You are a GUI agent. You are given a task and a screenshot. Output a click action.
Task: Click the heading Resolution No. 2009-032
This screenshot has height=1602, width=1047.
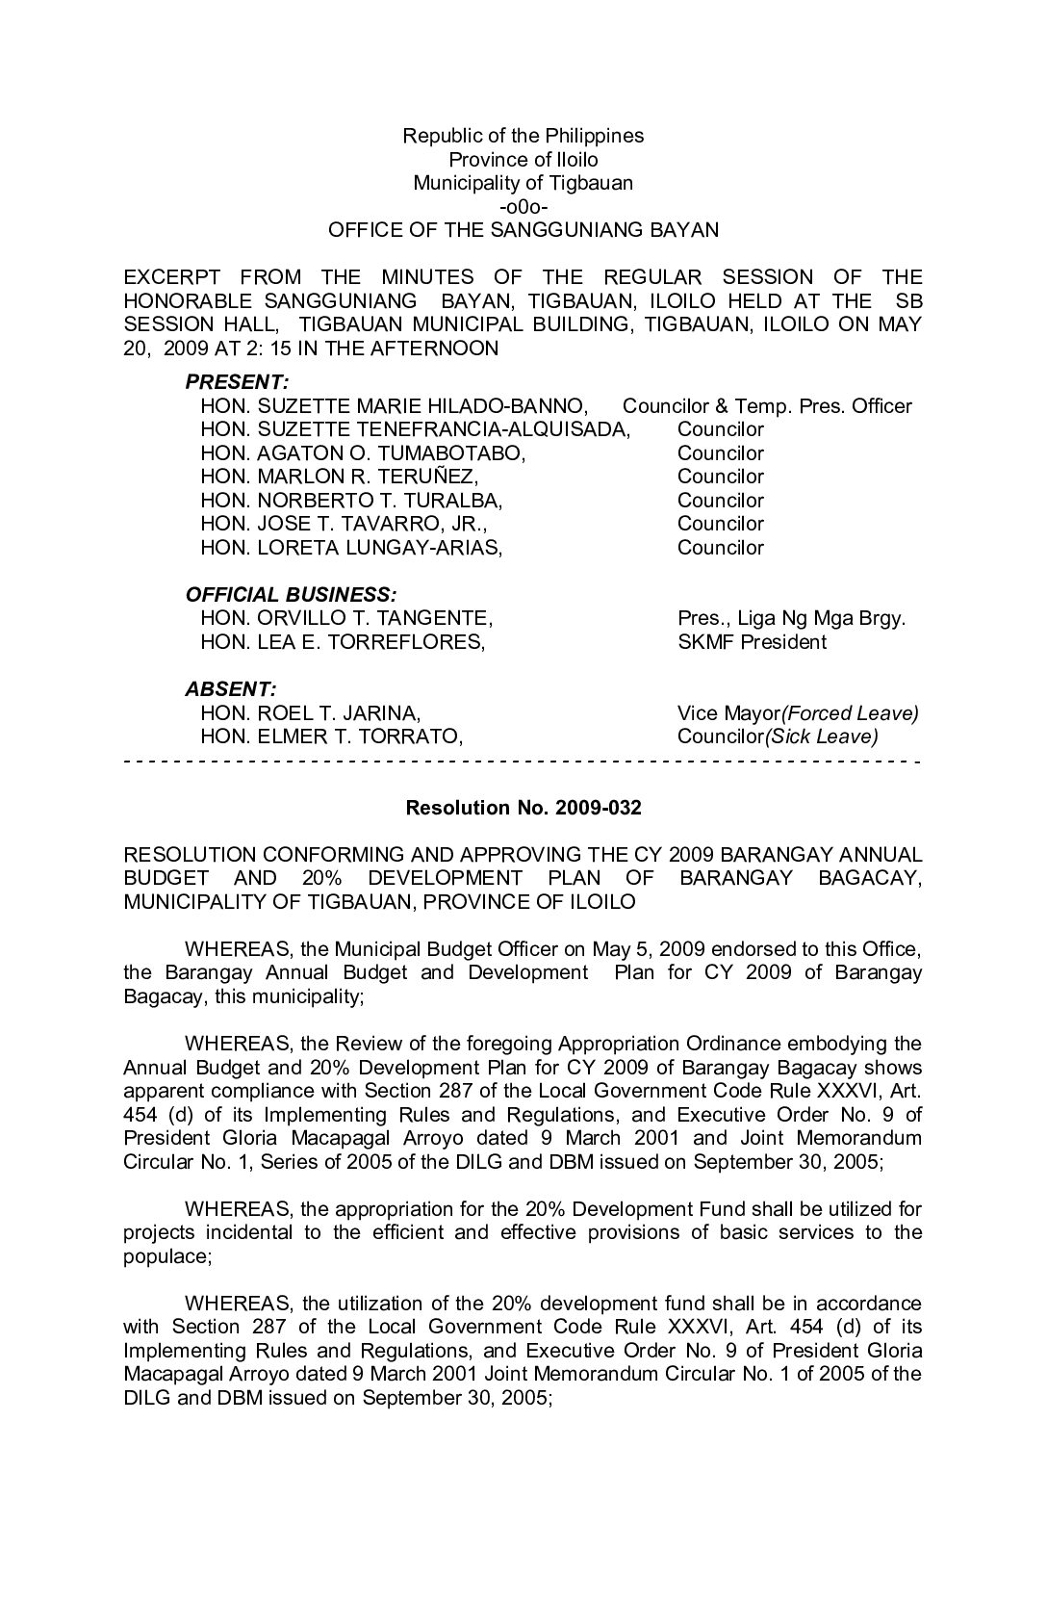pos(523,808)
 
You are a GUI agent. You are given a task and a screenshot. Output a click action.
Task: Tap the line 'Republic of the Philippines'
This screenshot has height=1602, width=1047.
pos(523,136)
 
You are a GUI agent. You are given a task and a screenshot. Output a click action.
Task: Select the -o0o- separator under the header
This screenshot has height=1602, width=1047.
pos(523,207)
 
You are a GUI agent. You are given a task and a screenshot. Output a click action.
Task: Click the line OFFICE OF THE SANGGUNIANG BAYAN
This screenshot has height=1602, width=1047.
pos(523,231)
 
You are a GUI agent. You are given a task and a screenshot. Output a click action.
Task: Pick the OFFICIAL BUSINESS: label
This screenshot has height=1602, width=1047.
pos(291,595)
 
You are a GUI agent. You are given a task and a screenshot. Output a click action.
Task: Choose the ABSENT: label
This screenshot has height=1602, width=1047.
pos(230,689)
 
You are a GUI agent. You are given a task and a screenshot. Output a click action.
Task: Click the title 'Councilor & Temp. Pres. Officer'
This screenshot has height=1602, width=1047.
pos(767,406)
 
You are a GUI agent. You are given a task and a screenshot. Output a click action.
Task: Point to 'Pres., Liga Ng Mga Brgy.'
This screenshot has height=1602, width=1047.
pos(791,618)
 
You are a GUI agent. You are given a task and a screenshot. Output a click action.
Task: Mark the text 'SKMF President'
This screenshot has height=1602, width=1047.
pos(752,642)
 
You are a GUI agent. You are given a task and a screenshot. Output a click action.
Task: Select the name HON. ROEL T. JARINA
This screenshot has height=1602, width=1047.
pos(310,713)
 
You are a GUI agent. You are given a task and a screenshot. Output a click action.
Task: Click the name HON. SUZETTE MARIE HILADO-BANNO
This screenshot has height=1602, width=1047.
pos(394,406)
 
